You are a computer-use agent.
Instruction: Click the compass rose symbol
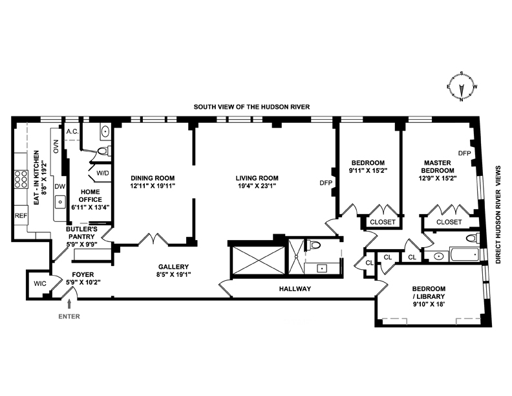click(462, 87)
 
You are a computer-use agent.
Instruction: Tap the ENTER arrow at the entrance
click(69, 304)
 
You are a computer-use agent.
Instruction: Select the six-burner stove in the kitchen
click(21, 179)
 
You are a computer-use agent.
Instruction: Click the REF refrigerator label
click(21, 215)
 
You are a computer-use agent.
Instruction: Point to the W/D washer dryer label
click(103, 173)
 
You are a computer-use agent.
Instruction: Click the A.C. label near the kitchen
click(72, 131)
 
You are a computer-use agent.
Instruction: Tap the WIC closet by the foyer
click(40, 283)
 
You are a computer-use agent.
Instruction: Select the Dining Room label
click(153, 178)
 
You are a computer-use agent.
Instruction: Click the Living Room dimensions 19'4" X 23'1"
click(257, 186)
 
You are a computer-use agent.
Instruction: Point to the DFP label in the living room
click(326, 183)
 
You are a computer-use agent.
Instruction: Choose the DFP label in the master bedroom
click(465, 153)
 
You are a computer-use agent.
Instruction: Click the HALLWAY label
click(295, 289)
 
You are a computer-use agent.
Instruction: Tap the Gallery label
click(173, 267)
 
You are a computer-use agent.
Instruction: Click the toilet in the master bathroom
click(472, 238)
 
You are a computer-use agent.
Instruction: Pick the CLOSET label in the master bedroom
click(449, 222)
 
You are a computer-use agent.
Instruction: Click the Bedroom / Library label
click(429, 292)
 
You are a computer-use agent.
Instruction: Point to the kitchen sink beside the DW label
click(60, 203)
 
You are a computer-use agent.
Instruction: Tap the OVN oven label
click(56, 146)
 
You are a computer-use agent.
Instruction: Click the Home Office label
click(91, 195)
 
